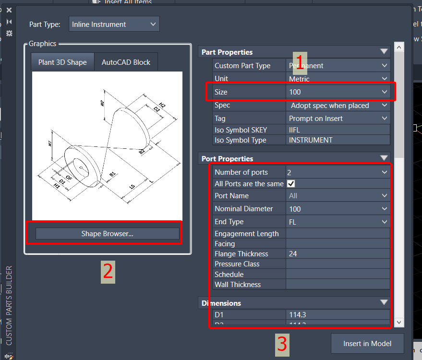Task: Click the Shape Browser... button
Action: [107, 234]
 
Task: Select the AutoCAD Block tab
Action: [126, 62]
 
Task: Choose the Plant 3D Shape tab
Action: [62, 62]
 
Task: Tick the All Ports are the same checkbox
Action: [291, 183]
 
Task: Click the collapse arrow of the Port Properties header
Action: [384, 158]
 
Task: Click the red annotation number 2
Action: [108, 272]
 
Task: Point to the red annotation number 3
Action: [282, 344]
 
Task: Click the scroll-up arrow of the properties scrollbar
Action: [398, 47]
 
